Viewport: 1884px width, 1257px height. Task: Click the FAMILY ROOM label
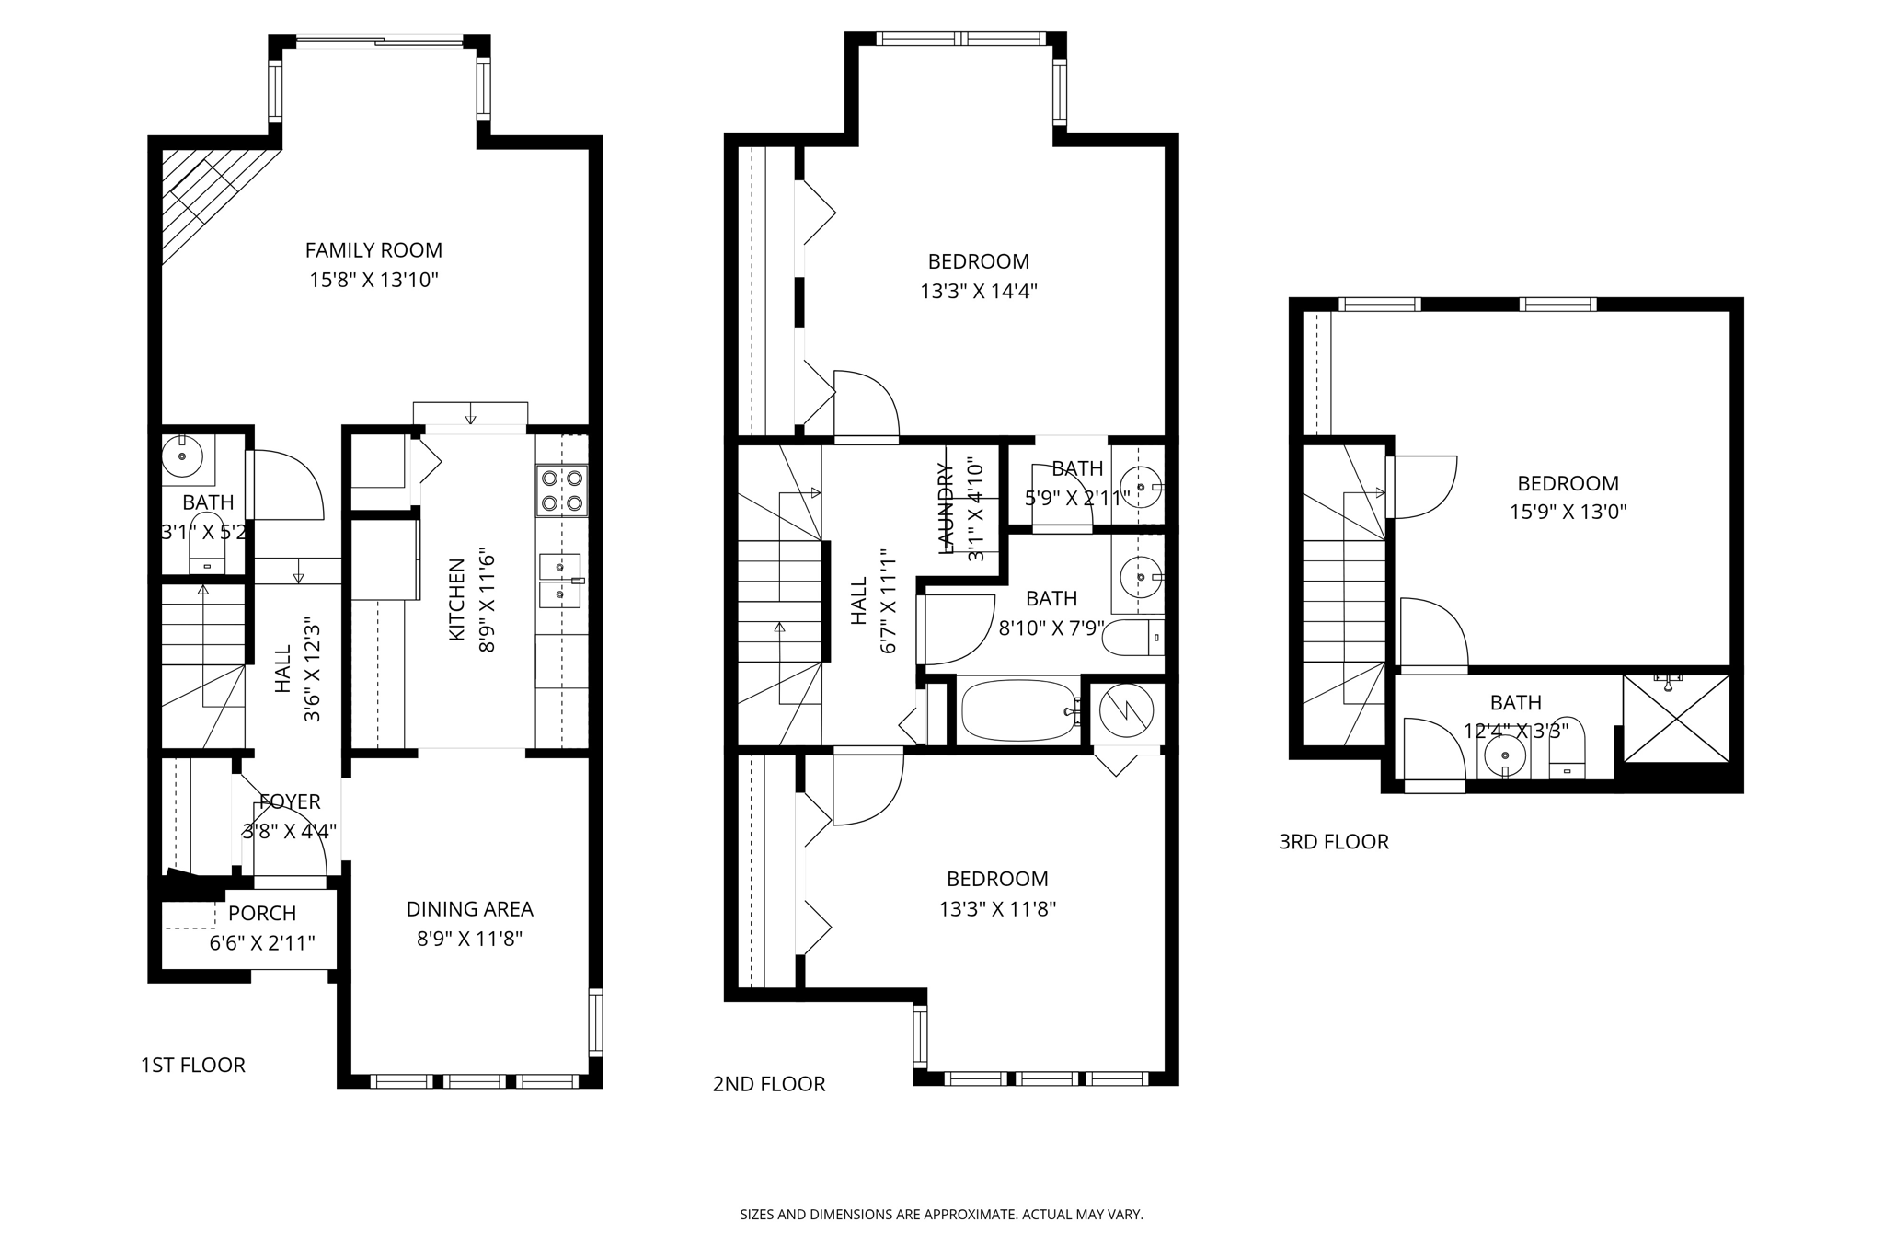click(x=373, y=250)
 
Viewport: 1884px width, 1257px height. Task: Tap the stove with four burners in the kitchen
click(x=562, y=490)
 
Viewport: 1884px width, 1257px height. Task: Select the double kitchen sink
click(x=560, y=581)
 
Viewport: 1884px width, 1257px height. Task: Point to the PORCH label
click(x=262, y=914)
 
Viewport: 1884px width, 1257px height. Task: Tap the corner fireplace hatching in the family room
click(x=207, y=198)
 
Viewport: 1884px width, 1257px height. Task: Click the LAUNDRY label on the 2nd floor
click(x=946, y=508)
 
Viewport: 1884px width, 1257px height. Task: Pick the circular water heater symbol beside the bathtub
click(x=1127, y=710)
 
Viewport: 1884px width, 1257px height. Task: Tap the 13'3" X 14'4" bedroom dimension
click(x=979, y=292)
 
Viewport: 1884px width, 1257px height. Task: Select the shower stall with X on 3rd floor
click(x=1676, y=719)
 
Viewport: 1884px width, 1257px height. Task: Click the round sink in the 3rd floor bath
click(x=1505, y=756)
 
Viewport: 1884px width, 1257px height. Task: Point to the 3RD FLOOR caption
click(x=1333, y=842)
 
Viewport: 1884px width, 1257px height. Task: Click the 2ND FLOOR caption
click(x=768, y=1085)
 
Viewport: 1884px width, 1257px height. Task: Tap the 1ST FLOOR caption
click(x=192, y=1066)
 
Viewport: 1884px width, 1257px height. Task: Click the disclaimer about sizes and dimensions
click(x=941, y=1215)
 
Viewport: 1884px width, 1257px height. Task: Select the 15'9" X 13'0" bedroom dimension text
click(x=1568, y=512)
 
